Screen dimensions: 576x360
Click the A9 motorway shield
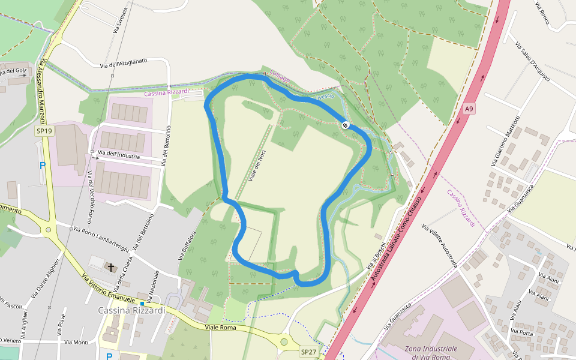(469, 109)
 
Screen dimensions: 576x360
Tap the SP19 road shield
(43, 131)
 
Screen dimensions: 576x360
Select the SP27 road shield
(308, 352)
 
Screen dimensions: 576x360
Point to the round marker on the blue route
(346, 125)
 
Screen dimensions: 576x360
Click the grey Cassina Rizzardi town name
(131, 310)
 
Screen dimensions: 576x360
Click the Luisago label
(280, 75)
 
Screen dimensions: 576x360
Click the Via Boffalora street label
(187, 244)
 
